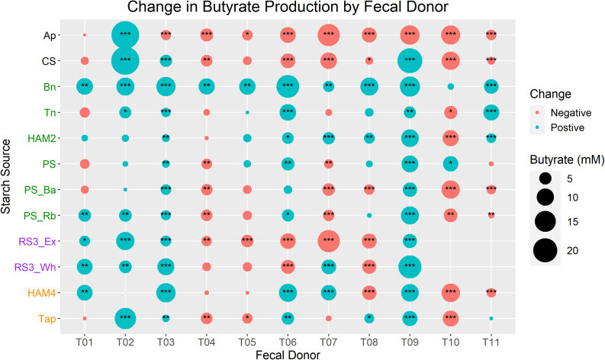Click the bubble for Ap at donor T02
coord(125,34)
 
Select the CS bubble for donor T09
coord(410,60)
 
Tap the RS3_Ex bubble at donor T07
coord(328,240)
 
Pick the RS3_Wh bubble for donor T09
coord(410,266)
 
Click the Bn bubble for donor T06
coord(288,86)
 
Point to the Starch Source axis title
coord(8,176)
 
